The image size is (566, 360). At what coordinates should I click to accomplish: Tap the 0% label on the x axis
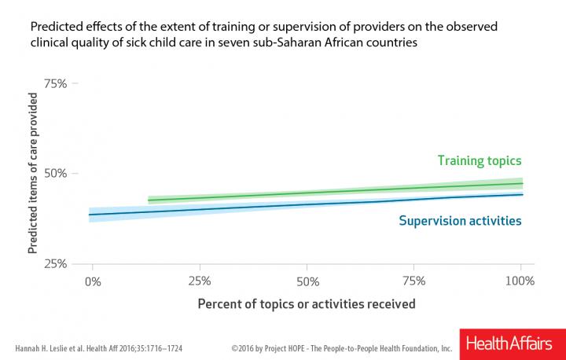pyautogui.click(x=93, y=281)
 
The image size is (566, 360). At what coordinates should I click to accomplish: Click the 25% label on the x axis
pyautogui.click(x=200, y=281)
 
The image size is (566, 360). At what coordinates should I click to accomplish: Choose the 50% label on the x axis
pyautogui.click(x=307, y=281)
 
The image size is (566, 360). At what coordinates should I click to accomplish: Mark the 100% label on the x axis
pyautogui.click(x=520, y=281)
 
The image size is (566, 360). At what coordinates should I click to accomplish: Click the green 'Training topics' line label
pyautogui.click(x=480, y=161)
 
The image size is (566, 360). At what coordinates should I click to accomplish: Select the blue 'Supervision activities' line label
pyautogui.click(x=461, y=221)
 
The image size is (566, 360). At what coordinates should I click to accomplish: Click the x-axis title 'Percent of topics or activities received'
pyautogui.click(x=307, y=303)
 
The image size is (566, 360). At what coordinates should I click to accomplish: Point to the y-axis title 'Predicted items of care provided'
pyautogui.click(x=34, y=173)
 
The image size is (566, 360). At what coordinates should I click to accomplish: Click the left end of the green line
pyautogui.click(x=149, y=200)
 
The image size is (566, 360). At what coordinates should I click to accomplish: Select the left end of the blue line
pyautogui.click(x=90, y=215)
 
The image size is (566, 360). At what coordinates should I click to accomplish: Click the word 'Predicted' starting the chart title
pyautogui.click(x=54, y=26)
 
